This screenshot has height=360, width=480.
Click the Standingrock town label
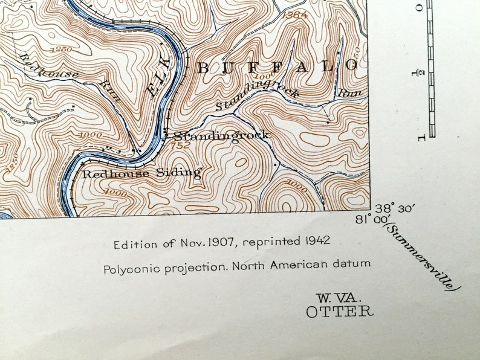[x=221, y=135]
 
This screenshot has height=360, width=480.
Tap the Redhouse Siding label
[x=141, y=173]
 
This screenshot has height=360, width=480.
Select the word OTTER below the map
[x=339, y=312]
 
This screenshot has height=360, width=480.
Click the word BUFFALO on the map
[x=279, y=67]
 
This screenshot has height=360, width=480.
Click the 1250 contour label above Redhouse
[x=62, y=49]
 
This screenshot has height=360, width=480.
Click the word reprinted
[x=277, y=241]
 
